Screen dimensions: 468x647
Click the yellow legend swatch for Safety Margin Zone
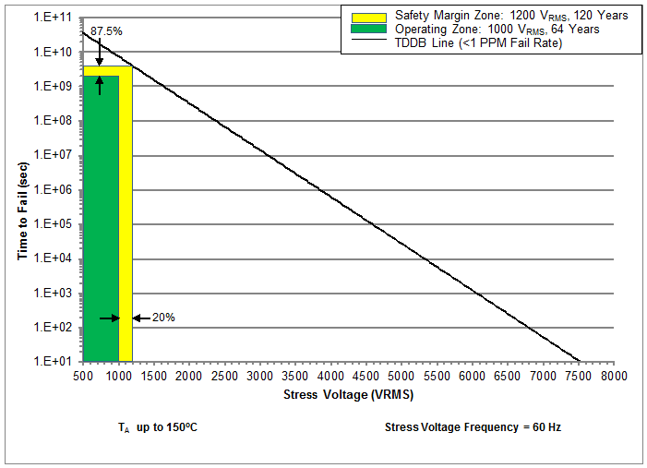point(365,16)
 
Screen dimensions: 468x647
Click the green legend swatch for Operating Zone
point(365,29)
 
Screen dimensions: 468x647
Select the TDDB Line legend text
point(478,42)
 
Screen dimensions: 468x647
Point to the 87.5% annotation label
point(107,31)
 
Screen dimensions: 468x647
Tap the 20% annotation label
point(163,318)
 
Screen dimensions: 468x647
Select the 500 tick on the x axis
point(83,377)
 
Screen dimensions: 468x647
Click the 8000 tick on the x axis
point(614,377)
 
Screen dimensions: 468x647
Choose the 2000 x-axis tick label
point(189,377)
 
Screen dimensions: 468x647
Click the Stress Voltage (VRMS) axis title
point(348,395)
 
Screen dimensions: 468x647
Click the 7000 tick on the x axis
point(543,377)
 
